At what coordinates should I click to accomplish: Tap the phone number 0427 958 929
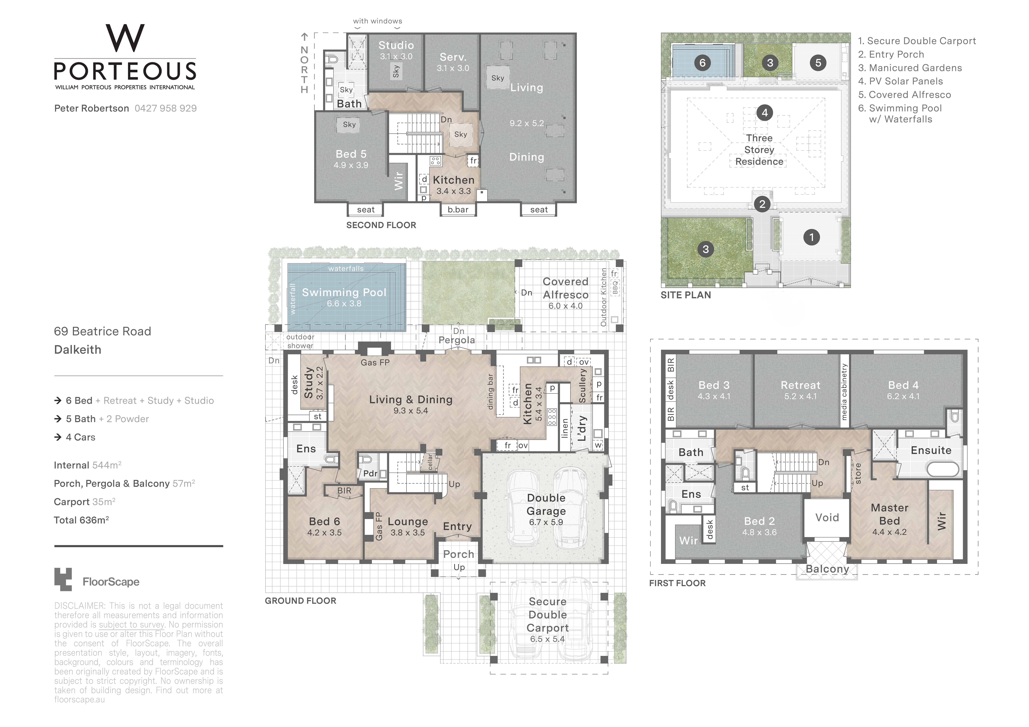click(165, 108)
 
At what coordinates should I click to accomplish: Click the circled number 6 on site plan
click(702, 63)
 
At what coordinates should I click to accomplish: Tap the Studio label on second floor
click(396, 45)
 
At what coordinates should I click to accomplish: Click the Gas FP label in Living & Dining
click(375, 362)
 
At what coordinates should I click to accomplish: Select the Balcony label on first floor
click(827, 569)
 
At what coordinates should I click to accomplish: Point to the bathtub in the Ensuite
click(942, 469)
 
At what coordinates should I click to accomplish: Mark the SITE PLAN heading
click(686, 295)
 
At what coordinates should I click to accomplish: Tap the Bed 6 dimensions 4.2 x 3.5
click(324, 533)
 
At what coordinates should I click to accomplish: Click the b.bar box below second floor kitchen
click(458, 210)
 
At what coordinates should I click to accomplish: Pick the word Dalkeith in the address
click(78, 350)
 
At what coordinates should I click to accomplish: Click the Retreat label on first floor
click(800, 385)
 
